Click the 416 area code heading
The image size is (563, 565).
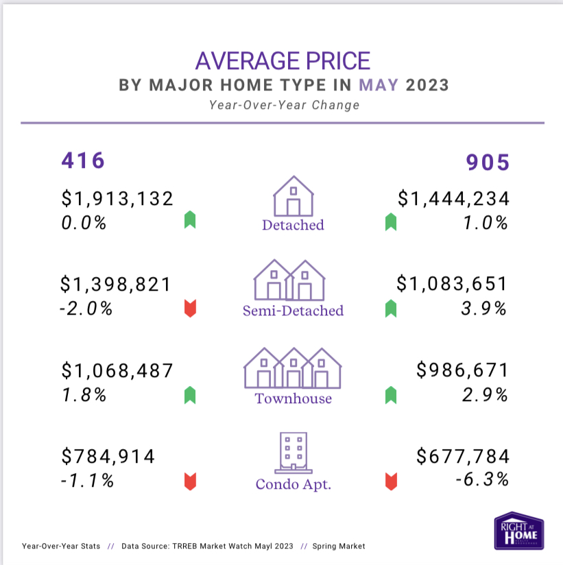pos(83,160)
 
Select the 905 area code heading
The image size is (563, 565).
pos(488,163)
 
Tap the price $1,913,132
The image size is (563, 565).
pos(117,199)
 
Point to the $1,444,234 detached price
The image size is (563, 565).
pos(454,199)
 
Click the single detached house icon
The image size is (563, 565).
pos(293,196)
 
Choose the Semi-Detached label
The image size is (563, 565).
pos(293,311)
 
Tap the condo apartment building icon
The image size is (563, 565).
pos(293,453)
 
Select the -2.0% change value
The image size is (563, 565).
pos(86,309)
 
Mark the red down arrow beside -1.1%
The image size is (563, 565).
pos(190,481)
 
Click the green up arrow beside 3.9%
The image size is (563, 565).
pos(391,309)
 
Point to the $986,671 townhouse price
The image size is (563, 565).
pos(463,371)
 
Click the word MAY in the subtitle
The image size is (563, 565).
pos(379,85)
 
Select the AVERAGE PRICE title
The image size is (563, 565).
pos(283,60)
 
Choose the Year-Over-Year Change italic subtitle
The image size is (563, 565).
pos(283,106)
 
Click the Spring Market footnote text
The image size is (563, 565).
pos(338,546)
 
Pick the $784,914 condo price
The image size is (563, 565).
pos(108,456)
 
